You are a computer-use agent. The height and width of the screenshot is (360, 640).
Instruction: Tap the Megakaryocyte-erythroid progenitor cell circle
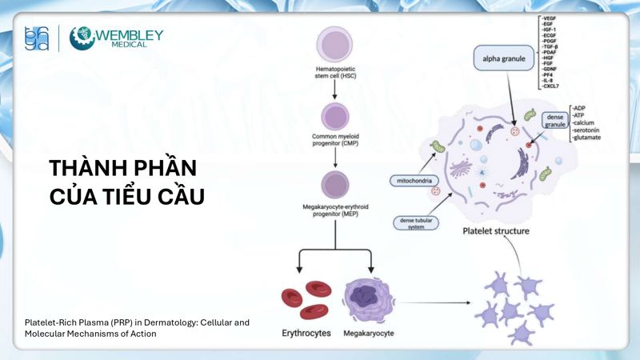click(x=334, y=184)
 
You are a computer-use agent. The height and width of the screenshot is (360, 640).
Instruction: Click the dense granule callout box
click(x=555, y=120)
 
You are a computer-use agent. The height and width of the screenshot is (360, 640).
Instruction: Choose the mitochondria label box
click(x=411, y=181)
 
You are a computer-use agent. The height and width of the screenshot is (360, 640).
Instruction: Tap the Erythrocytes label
click(x=306, y=331)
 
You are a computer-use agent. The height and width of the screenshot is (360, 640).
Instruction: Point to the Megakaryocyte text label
click(x=370, y=331)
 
